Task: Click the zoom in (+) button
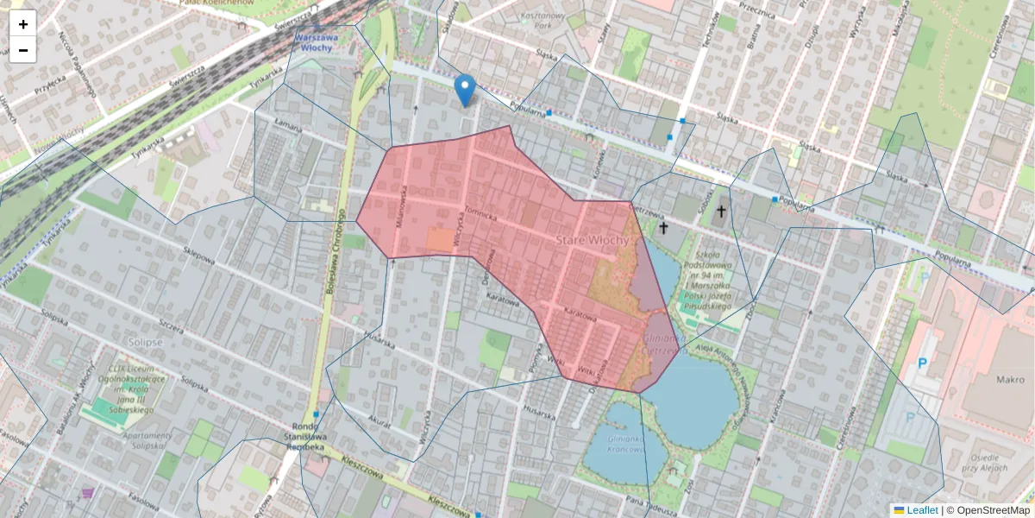(23, 24)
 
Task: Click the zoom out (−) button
(23, 50)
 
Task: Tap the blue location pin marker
(465, 89)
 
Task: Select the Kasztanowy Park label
(555, 20)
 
